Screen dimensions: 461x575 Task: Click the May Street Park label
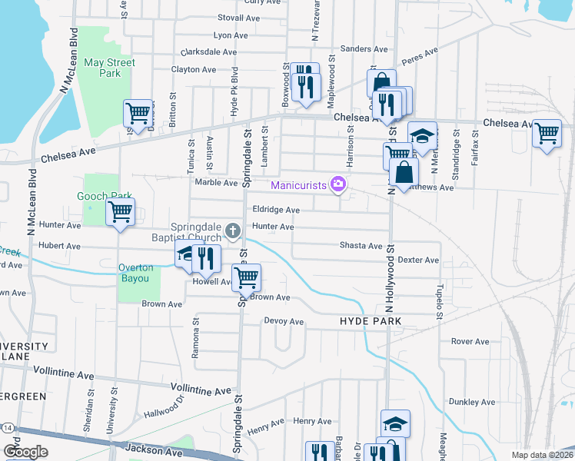(x=109, y=68)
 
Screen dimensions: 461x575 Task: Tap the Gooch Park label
(x=100, y=196)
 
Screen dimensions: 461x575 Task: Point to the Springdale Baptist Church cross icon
(x=235, y=230)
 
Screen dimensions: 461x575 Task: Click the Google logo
(x=25, y=451)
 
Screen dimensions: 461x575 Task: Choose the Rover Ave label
(x=470, y=341)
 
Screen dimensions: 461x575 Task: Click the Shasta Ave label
(x=361, y=246)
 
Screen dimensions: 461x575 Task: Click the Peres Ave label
(x=419, y=55)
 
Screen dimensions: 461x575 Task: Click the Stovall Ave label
(x=235, y=17)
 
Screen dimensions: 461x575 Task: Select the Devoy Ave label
(x=284, y=321)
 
